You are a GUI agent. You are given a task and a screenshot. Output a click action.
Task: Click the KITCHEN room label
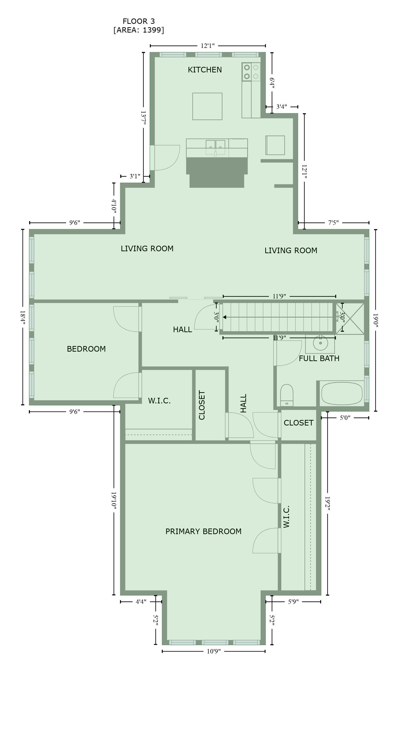205,69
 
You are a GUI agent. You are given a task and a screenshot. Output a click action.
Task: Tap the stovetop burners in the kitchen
251,72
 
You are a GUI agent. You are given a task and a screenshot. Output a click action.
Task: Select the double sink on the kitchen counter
215,147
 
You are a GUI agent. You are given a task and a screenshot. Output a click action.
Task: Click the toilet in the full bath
287,395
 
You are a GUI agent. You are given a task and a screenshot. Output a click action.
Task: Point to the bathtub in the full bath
342,393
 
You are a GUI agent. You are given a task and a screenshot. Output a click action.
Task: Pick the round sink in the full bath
320,343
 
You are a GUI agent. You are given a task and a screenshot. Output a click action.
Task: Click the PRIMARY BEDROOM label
203,531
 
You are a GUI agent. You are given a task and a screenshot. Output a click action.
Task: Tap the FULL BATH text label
319,358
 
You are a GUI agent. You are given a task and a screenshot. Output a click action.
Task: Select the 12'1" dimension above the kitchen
208,46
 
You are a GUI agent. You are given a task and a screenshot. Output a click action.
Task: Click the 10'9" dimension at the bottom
214,651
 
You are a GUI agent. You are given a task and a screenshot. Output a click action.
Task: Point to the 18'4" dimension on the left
23,318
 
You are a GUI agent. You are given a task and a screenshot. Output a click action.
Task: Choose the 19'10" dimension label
114,501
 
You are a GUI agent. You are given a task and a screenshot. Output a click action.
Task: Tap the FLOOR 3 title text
139,21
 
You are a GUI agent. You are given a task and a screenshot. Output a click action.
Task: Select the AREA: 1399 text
139,30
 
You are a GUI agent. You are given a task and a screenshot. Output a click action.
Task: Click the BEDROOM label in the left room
86,349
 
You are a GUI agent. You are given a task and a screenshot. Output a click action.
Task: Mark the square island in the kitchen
207,106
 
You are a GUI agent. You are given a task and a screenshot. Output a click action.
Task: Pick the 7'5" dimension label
333,223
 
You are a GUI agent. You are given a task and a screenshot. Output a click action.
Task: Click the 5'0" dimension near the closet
345,418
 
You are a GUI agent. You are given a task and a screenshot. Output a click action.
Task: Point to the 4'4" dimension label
141,602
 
